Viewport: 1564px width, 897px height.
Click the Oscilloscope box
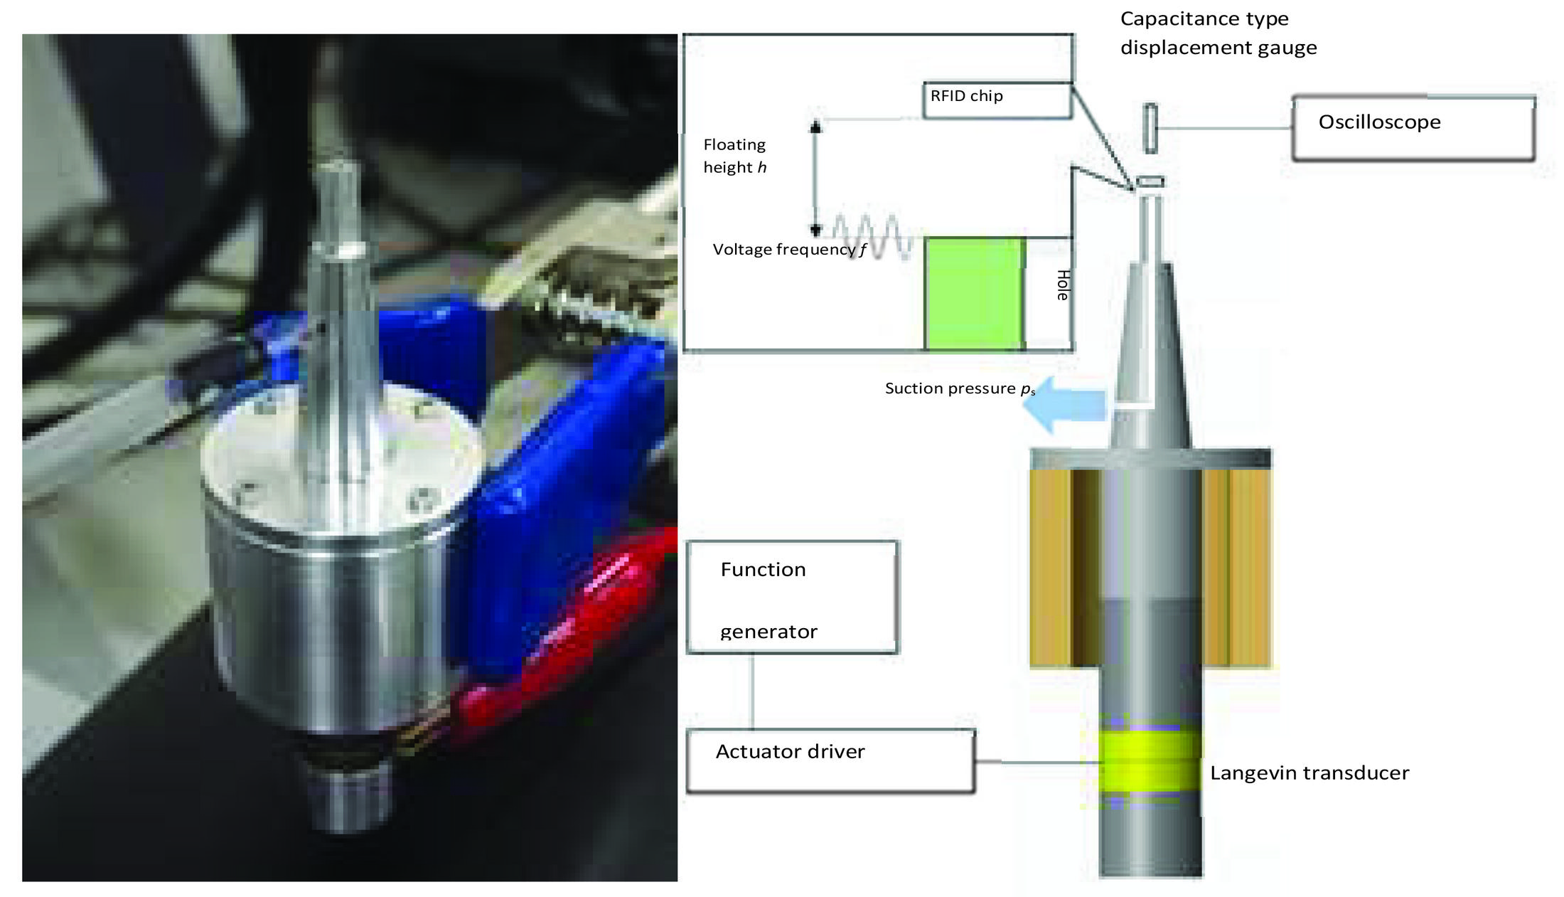pyautogui.click(x=1413, y=128)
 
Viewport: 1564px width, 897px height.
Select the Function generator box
pyautogui.click(x=792, y=598)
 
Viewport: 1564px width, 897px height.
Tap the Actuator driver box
pyautogui.click(x=830, y=760)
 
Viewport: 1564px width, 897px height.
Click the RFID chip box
pyautogui.click(x=997, y=100)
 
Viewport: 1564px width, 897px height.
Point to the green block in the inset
pyautogui.click(x=975, y=294)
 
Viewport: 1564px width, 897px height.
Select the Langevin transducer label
pyautogui.click(x=1309, y=773)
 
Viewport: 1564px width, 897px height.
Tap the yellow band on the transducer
pyautogui.click(x=1150, y=762)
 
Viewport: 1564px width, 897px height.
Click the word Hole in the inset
pyautogui.click(x=1063, y=285)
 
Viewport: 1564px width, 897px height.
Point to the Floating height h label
pyautogui.click(x=735, y=156)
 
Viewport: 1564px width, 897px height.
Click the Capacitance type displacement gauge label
pyautogui.click(x=1218, y=33)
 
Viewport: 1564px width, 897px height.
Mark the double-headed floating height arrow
pyautogui.click(x=816, y=178)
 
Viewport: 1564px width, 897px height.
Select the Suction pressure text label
pyautogui.click(x=960, y=388)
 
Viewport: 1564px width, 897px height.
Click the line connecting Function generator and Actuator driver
pyautogui.click(x=753, y=691)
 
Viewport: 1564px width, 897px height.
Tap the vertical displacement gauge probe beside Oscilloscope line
pyautogui.click(x=1150, y=128)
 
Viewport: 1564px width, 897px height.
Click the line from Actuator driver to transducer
pyautogui.click(x=1038, y=762)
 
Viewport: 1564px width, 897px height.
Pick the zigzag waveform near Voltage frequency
pyautogui.click(x=873, y=235)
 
